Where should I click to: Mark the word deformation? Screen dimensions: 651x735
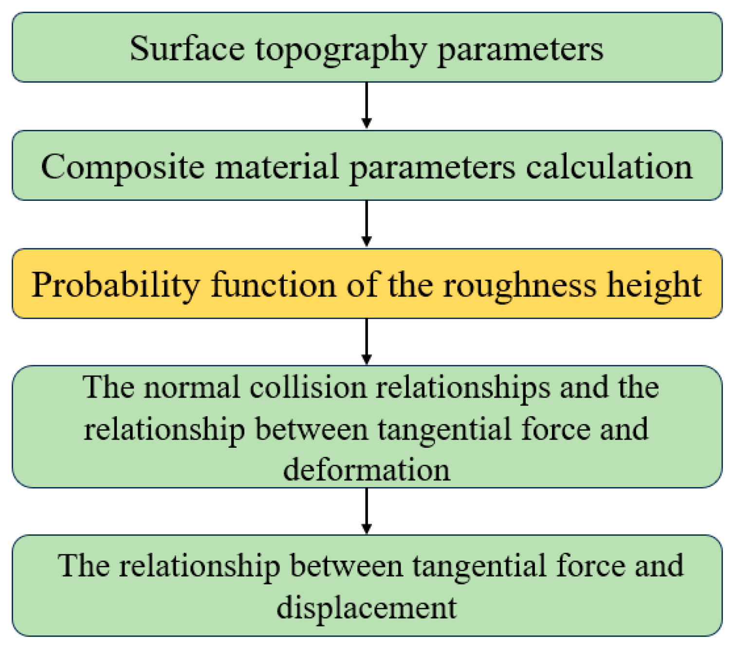(367, 470)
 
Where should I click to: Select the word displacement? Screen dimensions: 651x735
(367, 608)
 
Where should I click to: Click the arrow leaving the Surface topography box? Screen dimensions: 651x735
(367, 105)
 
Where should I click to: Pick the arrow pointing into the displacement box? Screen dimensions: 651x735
(367, 510)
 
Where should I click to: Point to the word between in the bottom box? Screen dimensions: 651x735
(346, 566)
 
